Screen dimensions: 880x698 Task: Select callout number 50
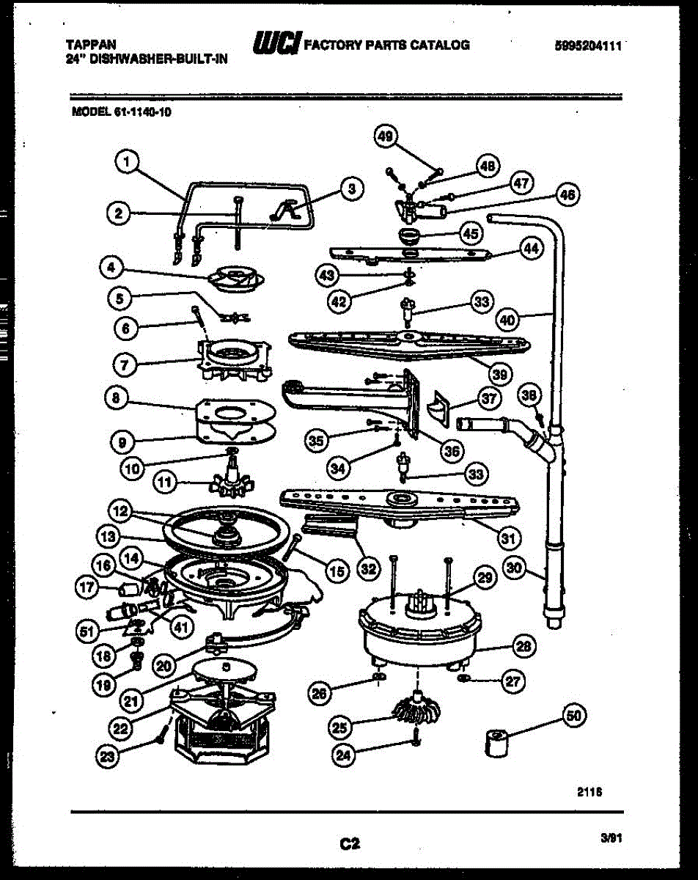pos(574,715)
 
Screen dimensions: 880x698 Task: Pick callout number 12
pos(120,509)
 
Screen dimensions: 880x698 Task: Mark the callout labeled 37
pos(490,399)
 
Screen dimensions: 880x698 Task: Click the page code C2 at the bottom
pos(350,844)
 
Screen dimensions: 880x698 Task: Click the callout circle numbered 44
pos(531,248)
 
